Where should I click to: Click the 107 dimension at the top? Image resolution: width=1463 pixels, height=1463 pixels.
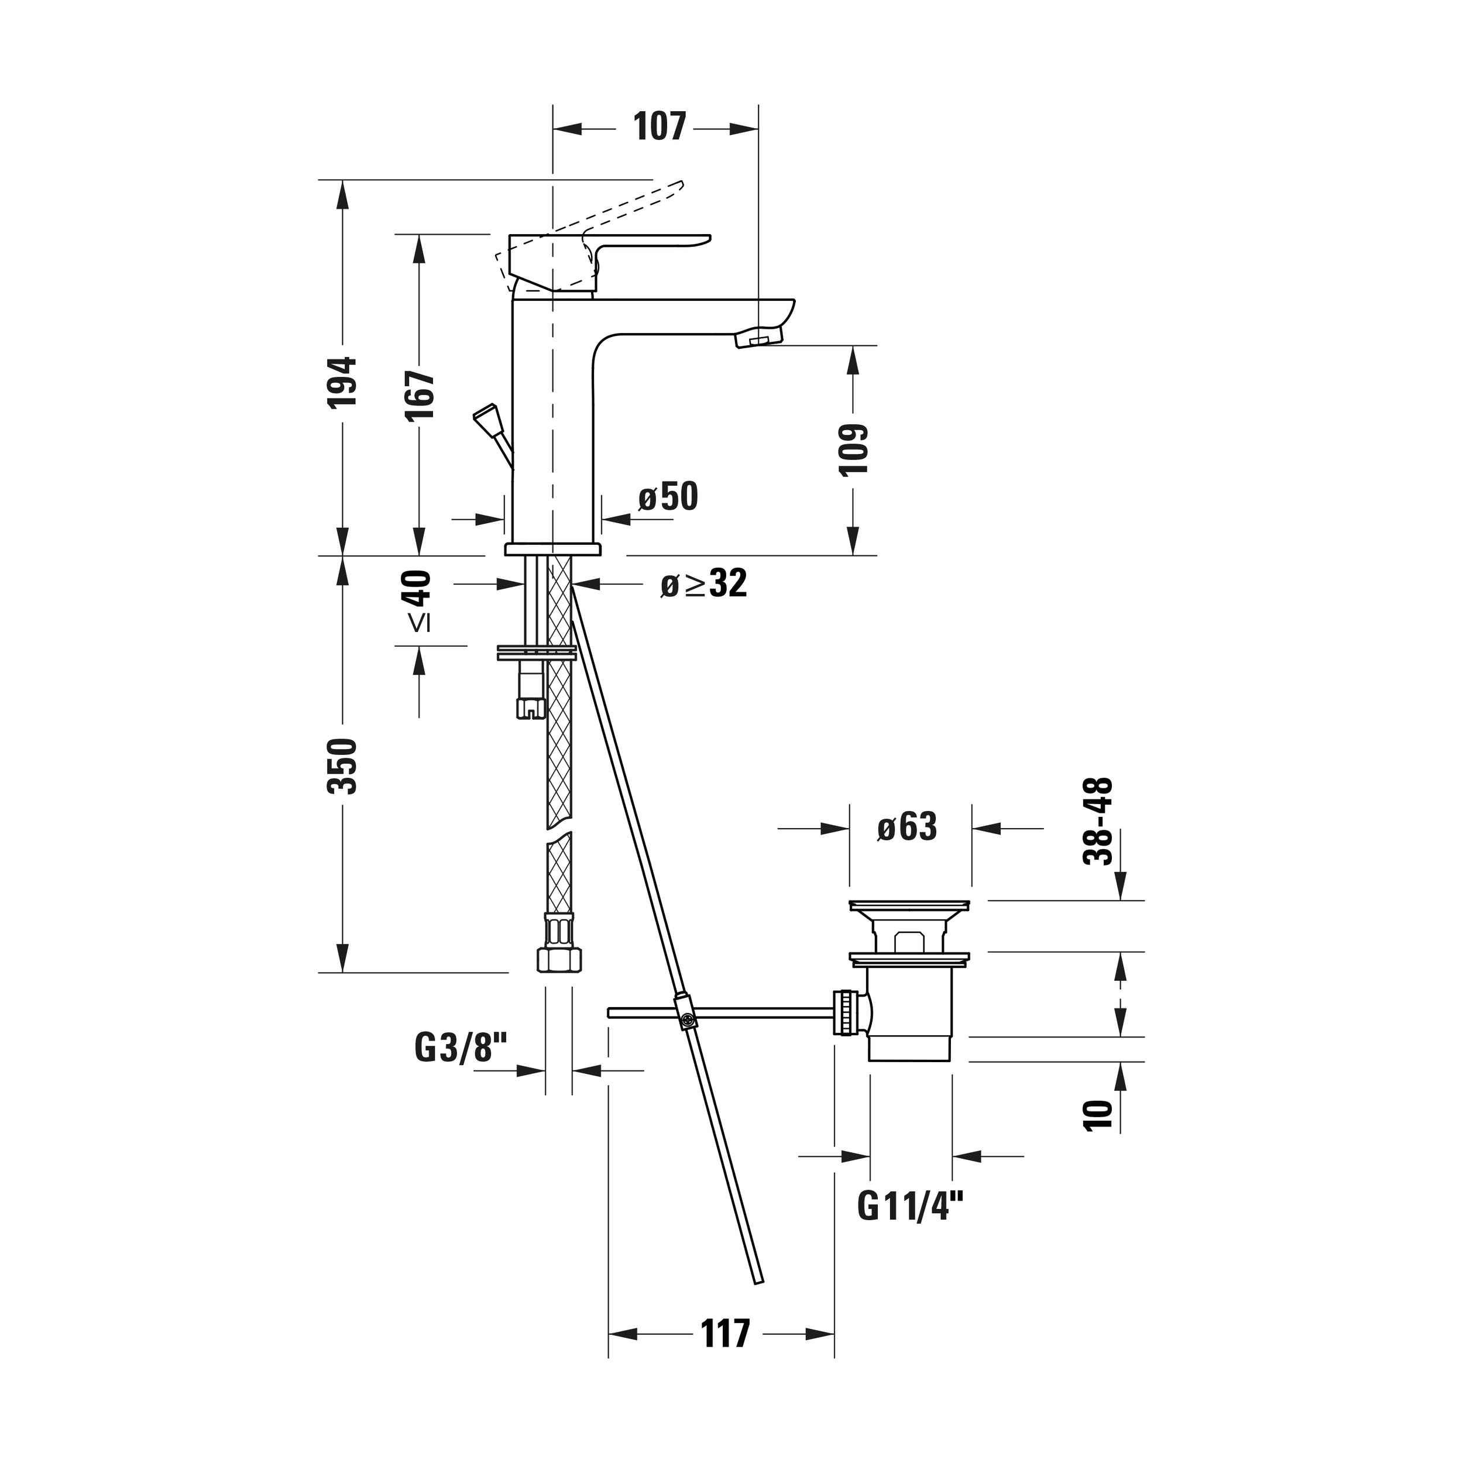[660, 127]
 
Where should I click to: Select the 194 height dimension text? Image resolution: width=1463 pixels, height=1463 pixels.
[342, 382]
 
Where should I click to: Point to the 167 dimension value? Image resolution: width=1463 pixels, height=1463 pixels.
[420, 395]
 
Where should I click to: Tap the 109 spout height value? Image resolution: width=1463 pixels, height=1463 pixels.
[853, 449]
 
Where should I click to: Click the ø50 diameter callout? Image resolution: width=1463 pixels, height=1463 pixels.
[668, 497]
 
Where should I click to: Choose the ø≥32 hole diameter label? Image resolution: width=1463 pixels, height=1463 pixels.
[703, 583]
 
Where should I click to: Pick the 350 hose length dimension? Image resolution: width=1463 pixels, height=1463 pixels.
[342, 767]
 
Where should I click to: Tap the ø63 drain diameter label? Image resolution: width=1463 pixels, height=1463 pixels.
[907, 827]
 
